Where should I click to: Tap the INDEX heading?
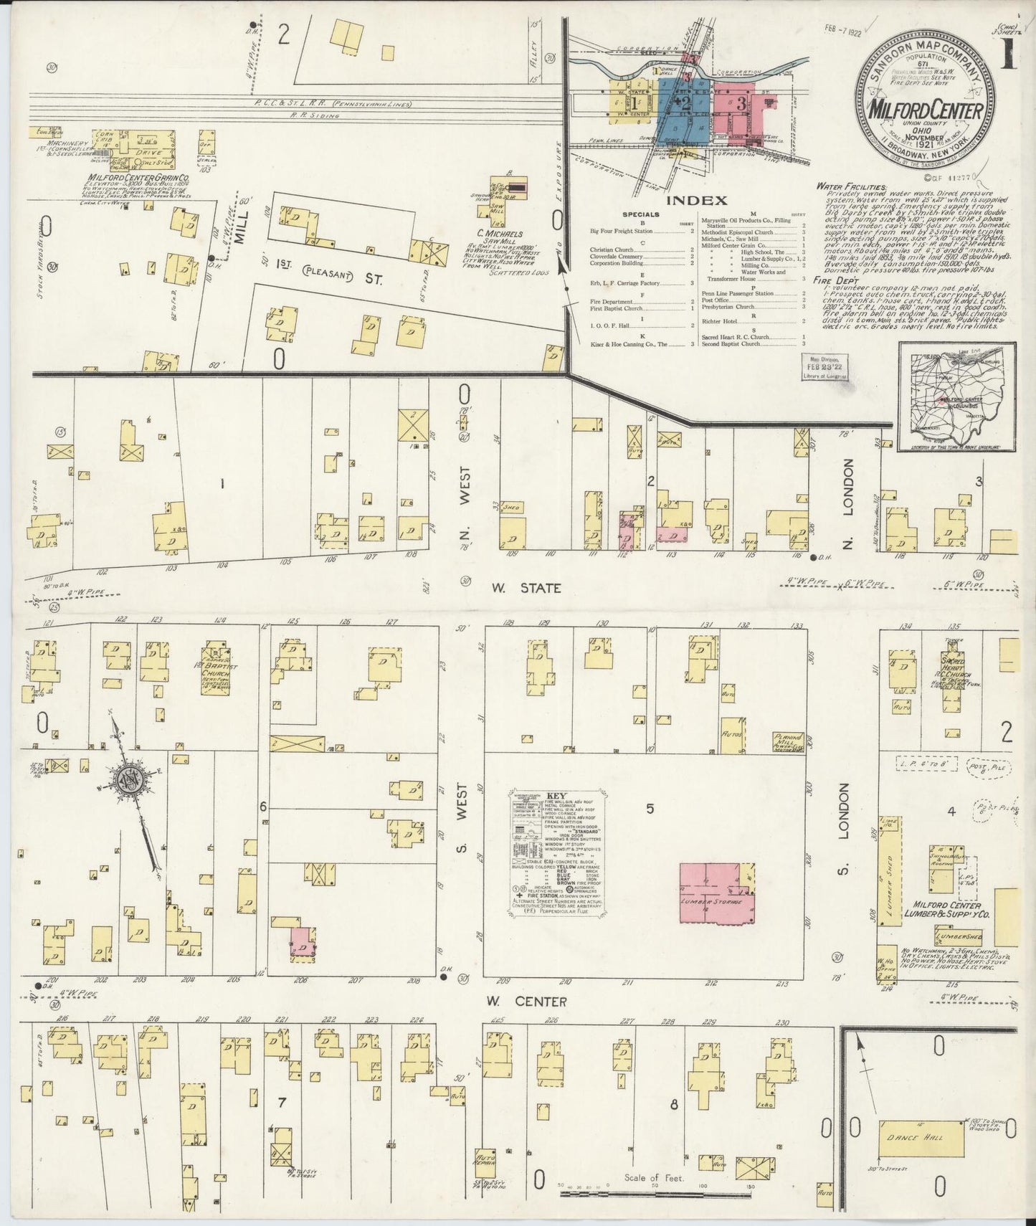coord(686,201)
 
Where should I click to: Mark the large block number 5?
coord(650,809)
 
